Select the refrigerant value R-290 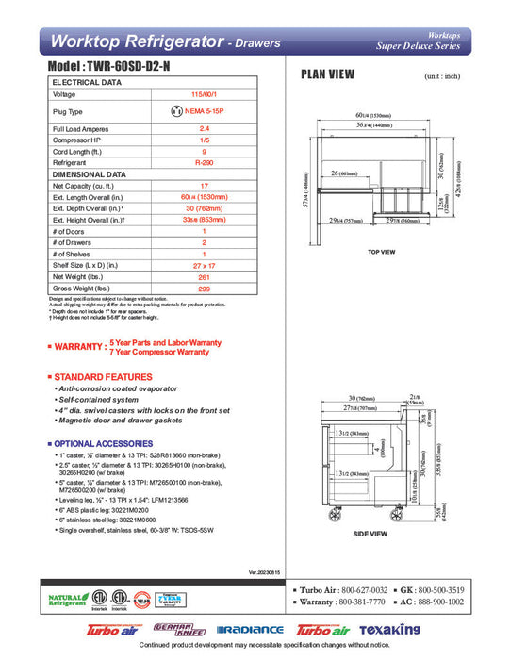click(205, 162)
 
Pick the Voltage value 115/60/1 click(205, 94)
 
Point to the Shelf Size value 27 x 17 click(205, 266)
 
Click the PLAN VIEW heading click(327, 74)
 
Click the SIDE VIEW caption click(370, 534)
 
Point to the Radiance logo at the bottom click(249, 630)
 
